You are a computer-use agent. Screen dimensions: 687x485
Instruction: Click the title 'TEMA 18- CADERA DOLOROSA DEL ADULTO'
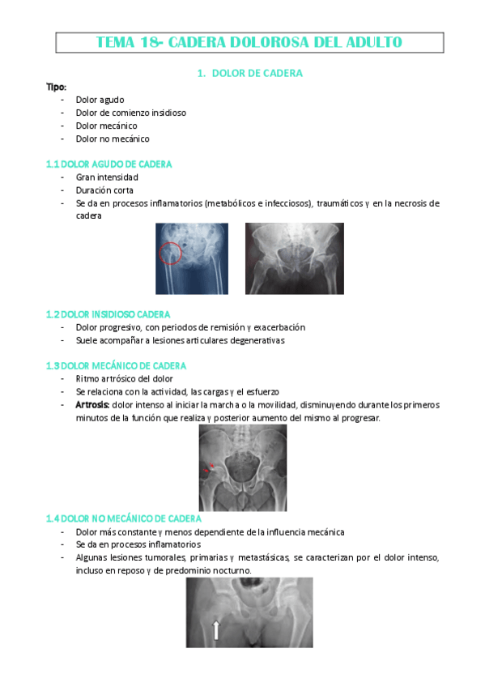pos(249,42)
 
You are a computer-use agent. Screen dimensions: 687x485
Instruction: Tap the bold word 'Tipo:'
pos(56,87)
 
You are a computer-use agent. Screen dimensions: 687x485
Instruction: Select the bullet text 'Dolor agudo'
pos(100,100)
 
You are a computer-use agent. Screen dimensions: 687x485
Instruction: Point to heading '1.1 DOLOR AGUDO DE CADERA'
pos(108,164)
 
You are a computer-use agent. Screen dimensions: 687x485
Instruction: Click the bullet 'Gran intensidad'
pos(107,177)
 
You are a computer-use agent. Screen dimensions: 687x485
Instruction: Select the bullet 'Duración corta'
pos(104,190)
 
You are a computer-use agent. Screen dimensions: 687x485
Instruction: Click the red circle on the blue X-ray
pos(170,253)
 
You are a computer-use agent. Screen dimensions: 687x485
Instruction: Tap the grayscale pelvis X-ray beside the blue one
pos(294,258)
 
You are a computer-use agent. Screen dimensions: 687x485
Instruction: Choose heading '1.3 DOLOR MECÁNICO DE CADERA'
pos(117,365)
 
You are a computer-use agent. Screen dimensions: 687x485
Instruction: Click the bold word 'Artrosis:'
pos(93,404)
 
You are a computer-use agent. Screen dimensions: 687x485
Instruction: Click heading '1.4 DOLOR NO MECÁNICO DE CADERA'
pos(124,518)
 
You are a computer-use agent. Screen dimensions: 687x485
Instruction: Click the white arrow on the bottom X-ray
pos(216,629)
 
